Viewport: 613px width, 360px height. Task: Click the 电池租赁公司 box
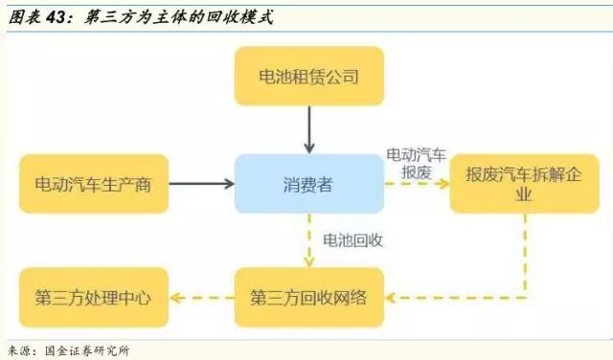(x=308, y=76)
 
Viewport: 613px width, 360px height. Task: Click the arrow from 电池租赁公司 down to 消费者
(x=308, y=128)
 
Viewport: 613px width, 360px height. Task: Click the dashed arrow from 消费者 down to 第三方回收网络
(x=308, y=239)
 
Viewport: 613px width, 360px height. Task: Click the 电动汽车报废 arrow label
(x=416, y=163)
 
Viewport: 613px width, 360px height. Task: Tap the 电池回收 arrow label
(x=352, y=239)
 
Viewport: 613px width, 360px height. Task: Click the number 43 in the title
(x=57, y=16)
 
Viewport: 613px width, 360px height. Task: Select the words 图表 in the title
(x=24, y=16)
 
